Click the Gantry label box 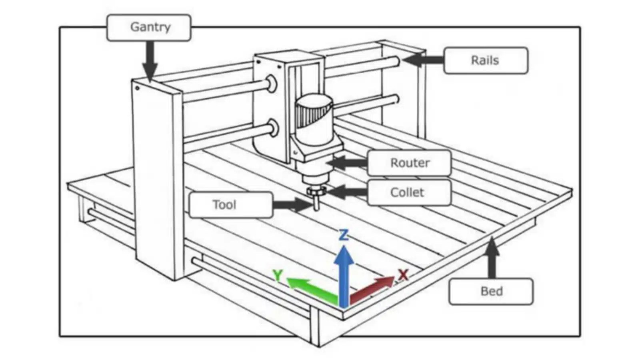[148, 27]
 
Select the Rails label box [485, 60]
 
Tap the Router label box [409, 163]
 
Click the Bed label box [491, 291]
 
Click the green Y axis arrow [310, 288]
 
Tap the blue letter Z [344, 235]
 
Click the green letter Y [277, 275]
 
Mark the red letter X [403, 274]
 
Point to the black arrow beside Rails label [422, 60]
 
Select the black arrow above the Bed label [492, 258]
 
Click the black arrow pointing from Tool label [292, 205]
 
